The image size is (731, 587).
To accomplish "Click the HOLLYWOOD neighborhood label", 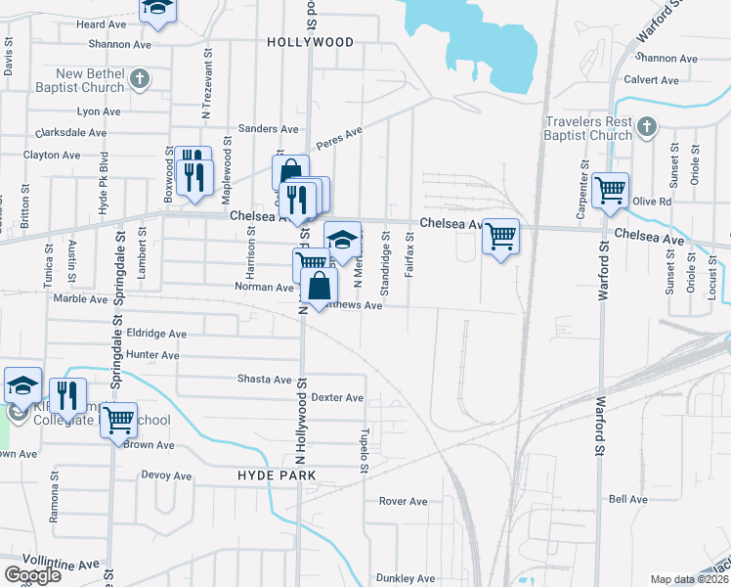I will [x=310, y=42].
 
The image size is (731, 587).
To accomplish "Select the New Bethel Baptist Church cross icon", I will [x=140, y=76].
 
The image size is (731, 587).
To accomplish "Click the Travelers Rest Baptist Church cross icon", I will [x=646, y=125].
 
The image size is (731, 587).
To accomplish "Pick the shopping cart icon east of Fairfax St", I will [x=500, y=235].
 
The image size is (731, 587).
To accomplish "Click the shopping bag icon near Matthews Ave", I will [x=320, y=286].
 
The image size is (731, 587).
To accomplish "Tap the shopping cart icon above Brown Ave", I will [x=118, y=421].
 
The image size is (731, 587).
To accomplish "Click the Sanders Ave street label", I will [x=269, y=129].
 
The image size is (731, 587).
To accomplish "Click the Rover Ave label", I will [x=404, y=501].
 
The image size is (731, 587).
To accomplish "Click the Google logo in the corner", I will [x=32, y=574].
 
